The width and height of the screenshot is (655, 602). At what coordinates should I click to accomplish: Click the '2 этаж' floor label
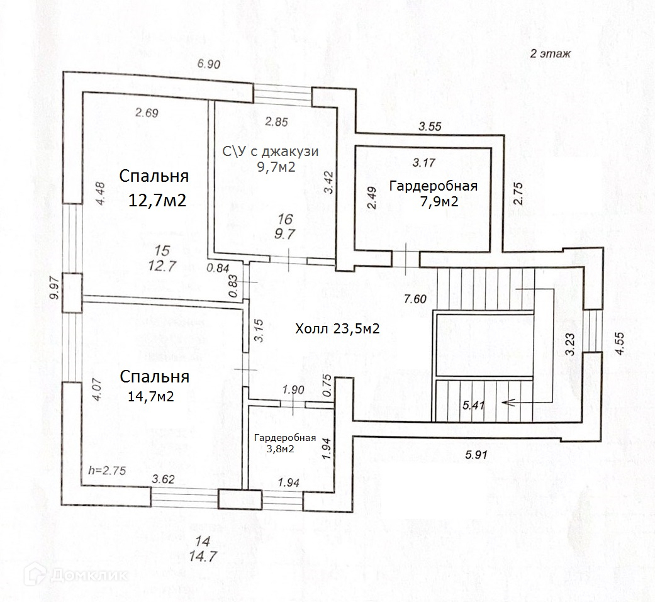[550, 53]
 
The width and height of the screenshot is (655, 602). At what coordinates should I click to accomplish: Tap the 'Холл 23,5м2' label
[337, 329]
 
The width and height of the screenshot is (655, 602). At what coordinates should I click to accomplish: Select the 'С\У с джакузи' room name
[271, 151]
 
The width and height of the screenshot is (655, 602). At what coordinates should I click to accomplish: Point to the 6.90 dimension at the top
[208, 64]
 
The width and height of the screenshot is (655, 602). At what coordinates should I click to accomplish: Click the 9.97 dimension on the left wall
[54, 288]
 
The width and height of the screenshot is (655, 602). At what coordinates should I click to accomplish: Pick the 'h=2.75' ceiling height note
[107, 471]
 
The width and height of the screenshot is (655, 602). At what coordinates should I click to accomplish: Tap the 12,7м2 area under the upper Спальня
[157, 201]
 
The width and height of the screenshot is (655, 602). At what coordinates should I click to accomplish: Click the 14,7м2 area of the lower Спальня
[151, 396]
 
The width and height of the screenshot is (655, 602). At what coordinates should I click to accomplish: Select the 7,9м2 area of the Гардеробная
[439, 201]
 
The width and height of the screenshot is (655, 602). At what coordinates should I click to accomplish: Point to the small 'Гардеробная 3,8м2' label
[285, 443]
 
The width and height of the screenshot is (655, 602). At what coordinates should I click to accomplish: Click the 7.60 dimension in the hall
[415, 299]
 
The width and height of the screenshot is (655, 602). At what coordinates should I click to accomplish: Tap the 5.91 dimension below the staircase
[476, 454]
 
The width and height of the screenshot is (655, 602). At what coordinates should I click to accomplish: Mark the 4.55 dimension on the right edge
[620, 343]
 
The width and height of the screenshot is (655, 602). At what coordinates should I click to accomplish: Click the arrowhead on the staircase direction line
[507, 403]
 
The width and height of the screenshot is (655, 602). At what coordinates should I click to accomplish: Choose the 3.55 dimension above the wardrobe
[430, 126]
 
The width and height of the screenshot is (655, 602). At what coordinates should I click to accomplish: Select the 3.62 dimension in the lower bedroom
[163, 479]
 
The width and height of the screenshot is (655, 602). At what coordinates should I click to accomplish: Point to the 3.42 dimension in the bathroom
[328, 182]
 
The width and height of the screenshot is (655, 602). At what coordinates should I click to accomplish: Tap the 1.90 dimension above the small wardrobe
[293, 390]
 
